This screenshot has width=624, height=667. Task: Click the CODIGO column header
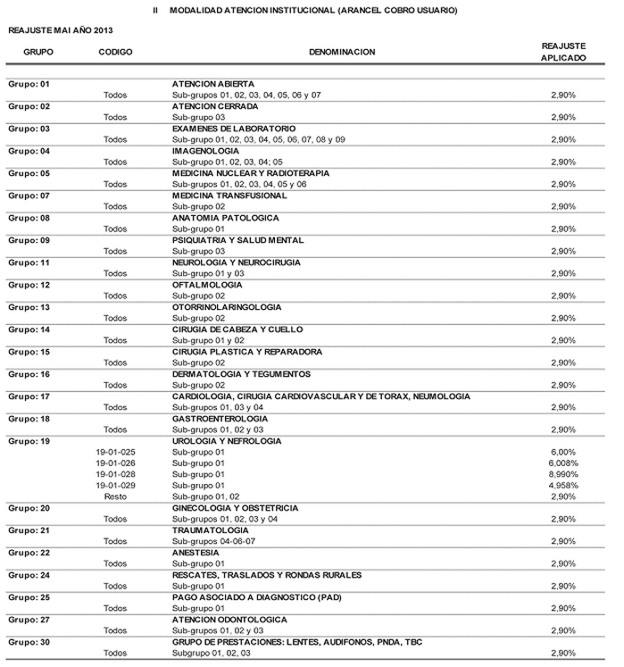pos(115,52)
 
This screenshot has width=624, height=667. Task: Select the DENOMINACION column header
pos(342,52)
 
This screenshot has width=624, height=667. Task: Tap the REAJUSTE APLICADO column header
pos(563,51)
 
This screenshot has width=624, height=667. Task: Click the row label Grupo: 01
pos(29,83)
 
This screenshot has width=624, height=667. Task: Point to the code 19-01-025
pos(115,452)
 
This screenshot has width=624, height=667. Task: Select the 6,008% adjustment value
pos(563,463)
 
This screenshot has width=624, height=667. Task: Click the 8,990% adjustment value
pos(563,474)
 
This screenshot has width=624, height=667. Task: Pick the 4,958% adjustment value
pos(563,486)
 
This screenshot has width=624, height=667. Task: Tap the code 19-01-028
pos(115,474)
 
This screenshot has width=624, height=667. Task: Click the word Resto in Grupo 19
pos(115,496)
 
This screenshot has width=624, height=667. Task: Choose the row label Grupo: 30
pos(29,642)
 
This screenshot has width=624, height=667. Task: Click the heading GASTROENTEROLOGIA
pos(220,419)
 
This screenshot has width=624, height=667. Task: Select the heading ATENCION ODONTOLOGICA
pos(229,620)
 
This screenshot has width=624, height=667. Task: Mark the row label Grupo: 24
pos(29,575)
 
